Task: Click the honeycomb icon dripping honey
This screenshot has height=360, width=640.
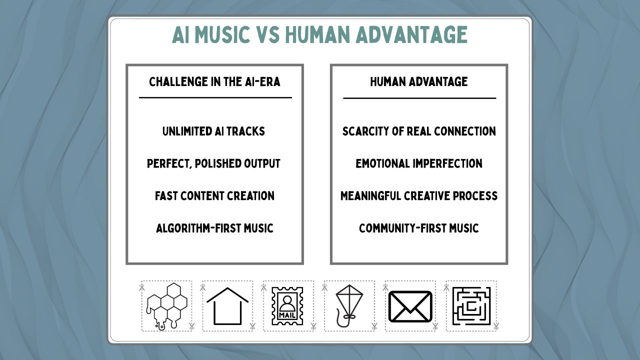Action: [x=166, y=305]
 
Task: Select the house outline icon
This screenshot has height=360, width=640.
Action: [x=227, y=305]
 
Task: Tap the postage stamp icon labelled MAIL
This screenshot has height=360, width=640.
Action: [x=287, y=305]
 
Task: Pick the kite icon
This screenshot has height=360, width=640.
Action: [x=348, y=305]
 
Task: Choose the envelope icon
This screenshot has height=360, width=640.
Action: [x=410, y=306]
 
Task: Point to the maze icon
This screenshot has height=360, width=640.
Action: [x=471, y=305]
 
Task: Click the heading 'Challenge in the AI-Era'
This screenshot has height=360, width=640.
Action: [x=215, y=82]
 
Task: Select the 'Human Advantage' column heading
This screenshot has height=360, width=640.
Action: [x=419, y=82]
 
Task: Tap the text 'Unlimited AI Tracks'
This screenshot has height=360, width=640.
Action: [x=213, y=131]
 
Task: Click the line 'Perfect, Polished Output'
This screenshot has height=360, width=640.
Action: [x=213, y=164]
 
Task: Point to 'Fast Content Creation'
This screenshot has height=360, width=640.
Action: [x=214, y=196]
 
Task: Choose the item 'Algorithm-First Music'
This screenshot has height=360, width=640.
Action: [x=214, y=228]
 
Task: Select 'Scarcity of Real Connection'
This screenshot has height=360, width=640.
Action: [x=419, y=131]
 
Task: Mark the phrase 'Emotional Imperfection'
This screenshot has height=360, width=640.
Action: [x=419, y=164]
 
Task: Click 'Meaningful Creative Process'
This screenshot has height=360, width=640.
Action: [x=419, y=196]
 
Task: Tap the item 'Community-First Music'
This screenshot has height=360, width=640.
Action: [x=419, y=228]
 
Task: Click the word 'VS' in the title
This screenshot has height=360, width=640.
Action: [x=267, y=35]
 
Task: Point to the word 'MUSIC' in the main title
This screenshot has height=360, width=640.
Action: [x=221, y=35]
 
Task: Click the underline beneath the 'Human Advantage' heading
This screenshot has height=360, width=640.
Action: [x=419, y=98]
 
